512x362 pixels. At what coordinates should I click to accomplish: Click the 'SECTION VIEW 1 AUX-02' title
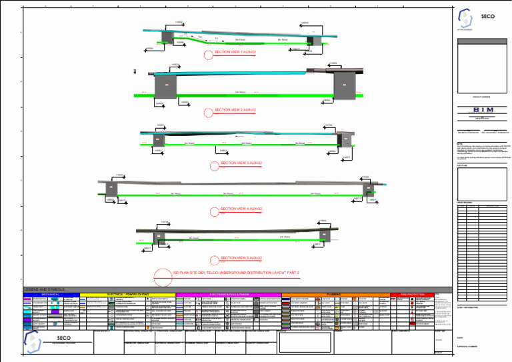[x=235, y=52]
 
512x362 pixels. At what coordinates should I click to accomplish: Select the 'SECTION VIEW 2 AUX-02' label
[x=235, y=110]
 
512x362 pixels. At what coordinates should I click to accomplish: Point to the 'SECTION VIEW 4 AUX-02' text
[x=241, y=209]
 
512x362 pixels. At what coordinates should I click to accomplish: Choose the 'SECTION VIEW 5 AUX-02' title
[x=241, y=258]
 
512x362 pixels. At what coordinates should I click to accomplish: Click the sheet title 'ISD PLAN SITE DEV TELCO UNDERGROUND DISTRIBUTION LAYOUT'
[x=236, y=273]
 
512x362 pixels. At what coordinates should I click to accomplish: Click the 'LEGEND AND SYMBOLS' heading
[x=44, y=289]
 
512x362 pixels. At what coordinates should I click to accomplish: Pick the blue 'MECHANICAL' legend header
[x=51, y=294]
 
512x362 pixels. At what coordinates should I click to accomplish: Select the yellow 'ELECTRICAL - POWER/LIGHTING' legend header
[x=127, y=294]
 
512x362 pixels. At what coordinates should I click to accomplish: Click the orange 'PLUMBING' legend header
[x=335, y=294]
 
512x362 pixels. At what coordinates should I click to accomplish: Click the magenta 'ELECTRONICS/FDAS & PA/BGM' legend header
[x=229, y=294]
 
